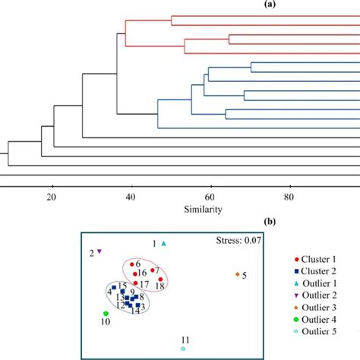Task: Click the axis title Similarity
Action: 202,210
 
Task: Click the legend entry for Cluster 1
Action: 317,259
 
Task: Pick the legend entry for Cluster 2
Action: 317,271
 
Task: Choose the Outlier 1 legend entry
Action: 317,283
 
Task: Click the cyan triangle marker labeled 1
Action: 164,243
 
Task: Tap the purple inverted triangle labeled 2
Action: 99,251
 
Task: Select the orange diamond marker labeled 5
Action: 238,274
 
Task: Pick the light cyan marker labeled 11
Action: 183,349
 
